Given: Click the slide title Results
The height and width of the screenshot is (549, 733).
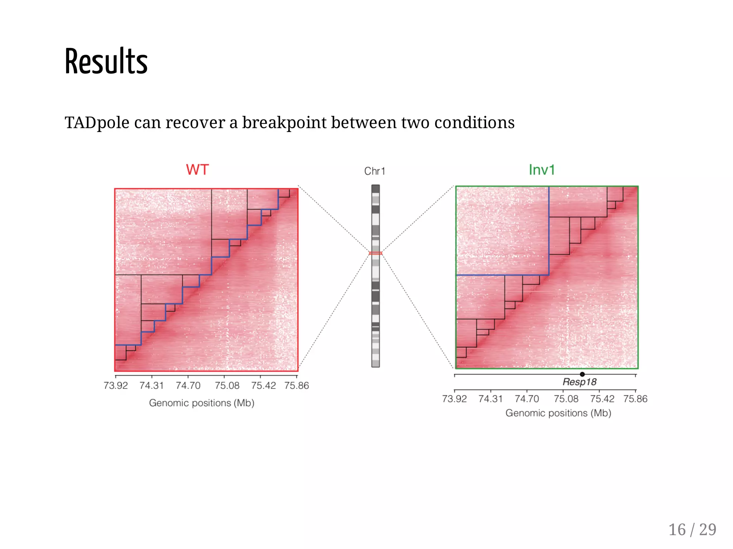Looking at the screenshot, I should pyautogui.click(x=106, y=62).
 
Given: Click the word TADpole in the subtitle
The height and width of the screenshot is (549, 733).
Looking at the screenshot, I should pyautogui.click(x=97, y=123).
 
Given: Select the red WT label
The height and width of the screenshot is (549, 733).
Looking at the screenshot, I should pyautogui.click(x=197, y=170).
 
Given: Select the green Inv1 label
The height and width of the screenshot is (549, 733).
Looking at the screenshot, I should pyautogui.click(x=542, y=170).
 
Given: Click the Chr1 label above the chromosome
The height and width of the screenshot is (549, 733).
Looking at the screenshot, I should pyautogui.click(x=375, y=171).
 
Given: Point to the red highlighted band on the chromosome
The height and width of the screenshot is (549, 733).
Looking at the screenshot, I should pyautogui.click(x=375, y=253).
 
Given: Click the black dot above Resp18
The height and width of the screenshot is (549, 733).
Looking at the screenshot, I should pyautogui.click(x=582, y=374).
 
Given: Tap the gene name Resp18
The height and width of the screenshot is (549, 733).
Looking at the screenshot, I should pyautogui.click(x=579, y=382).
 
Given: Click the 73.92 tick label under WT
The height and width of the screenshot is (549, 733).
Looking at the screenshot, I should pyautogui.click(x=116, y=386).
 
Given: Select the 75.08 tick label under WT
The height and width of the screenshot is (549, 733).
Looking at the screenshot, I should pyautogui.click(x=227, y=386).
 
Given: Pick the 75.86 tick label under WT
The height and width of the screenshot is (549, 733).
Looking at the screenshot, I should pyautogui.click(x=296, y=386).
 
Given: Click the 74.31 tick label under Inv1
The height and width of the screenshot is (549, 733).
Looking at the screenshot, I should pyautogui.click(x=490, y=399).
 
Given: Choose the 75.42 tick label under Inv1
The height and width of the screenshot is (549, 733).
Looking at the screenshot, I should pyautogui.click(x=602, y=399).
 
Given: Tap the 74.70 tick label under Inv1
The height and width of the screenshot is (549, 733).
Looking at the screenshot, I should pyautogui.click(x=526, y=399).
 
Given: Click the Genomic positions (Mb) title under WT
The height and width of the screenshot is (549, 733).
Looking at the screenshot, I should pyautogui.click(x=202, y=403).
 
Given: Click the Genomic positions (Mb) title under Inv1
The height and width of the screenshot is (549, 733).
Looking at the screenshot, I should pyautogui.click(x=558, y=413).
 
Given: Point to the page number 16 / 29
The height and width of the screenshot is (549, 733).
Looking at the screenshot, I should pyautogui.click(x=692, y=530).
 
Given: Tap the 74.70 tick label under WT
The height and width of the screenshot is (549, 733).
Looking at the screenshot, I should pyautogui.click(x=188, y=386).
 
